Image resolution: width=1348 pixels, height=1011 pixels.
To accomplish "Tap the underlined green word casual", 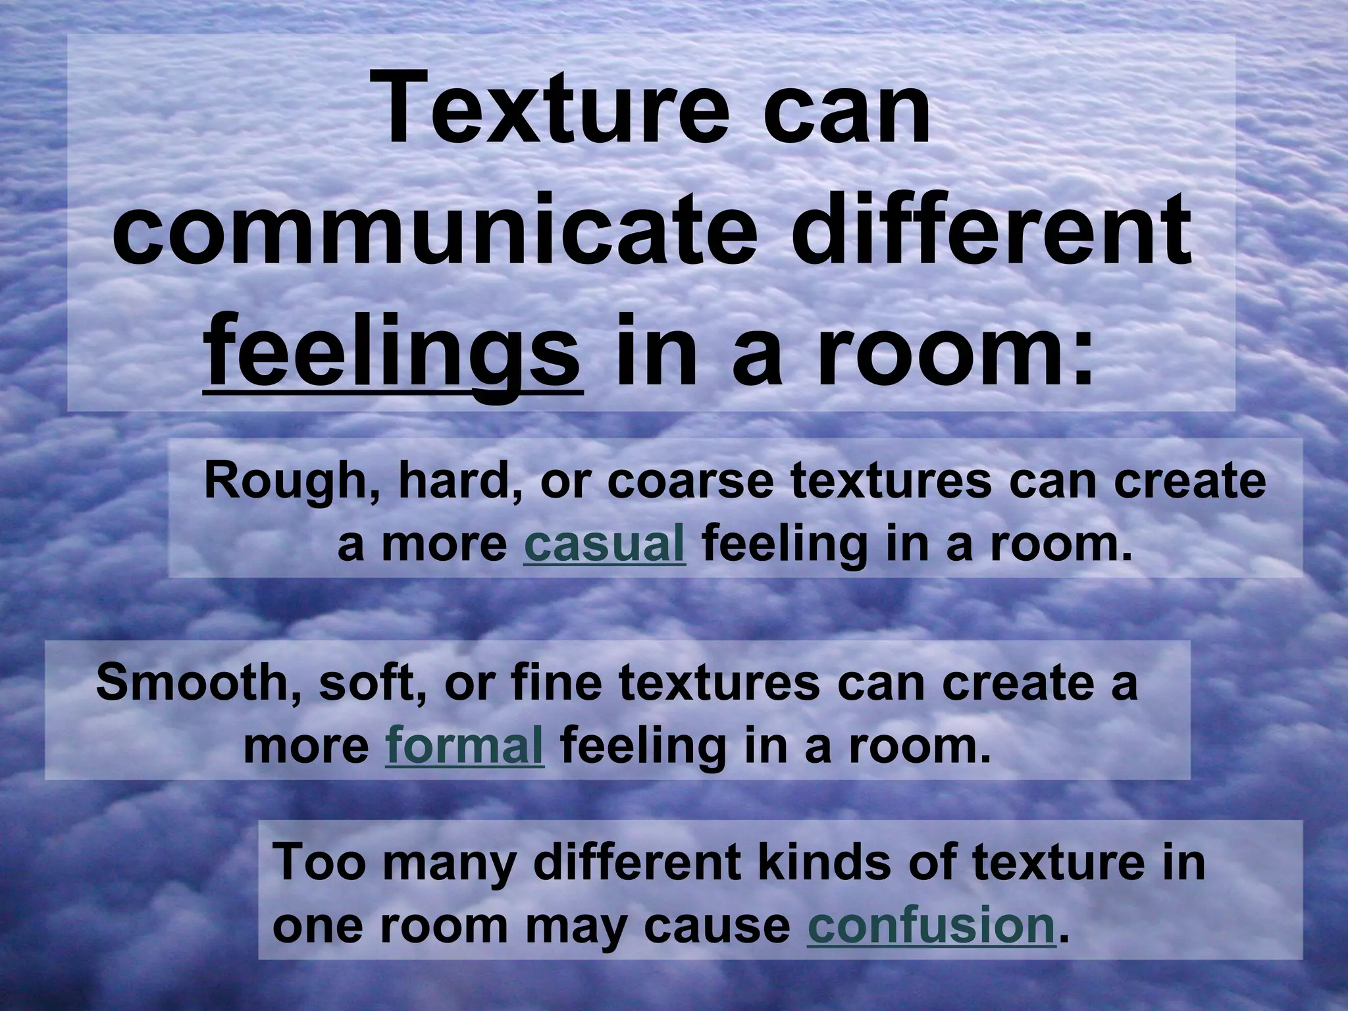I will [604, 546].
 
